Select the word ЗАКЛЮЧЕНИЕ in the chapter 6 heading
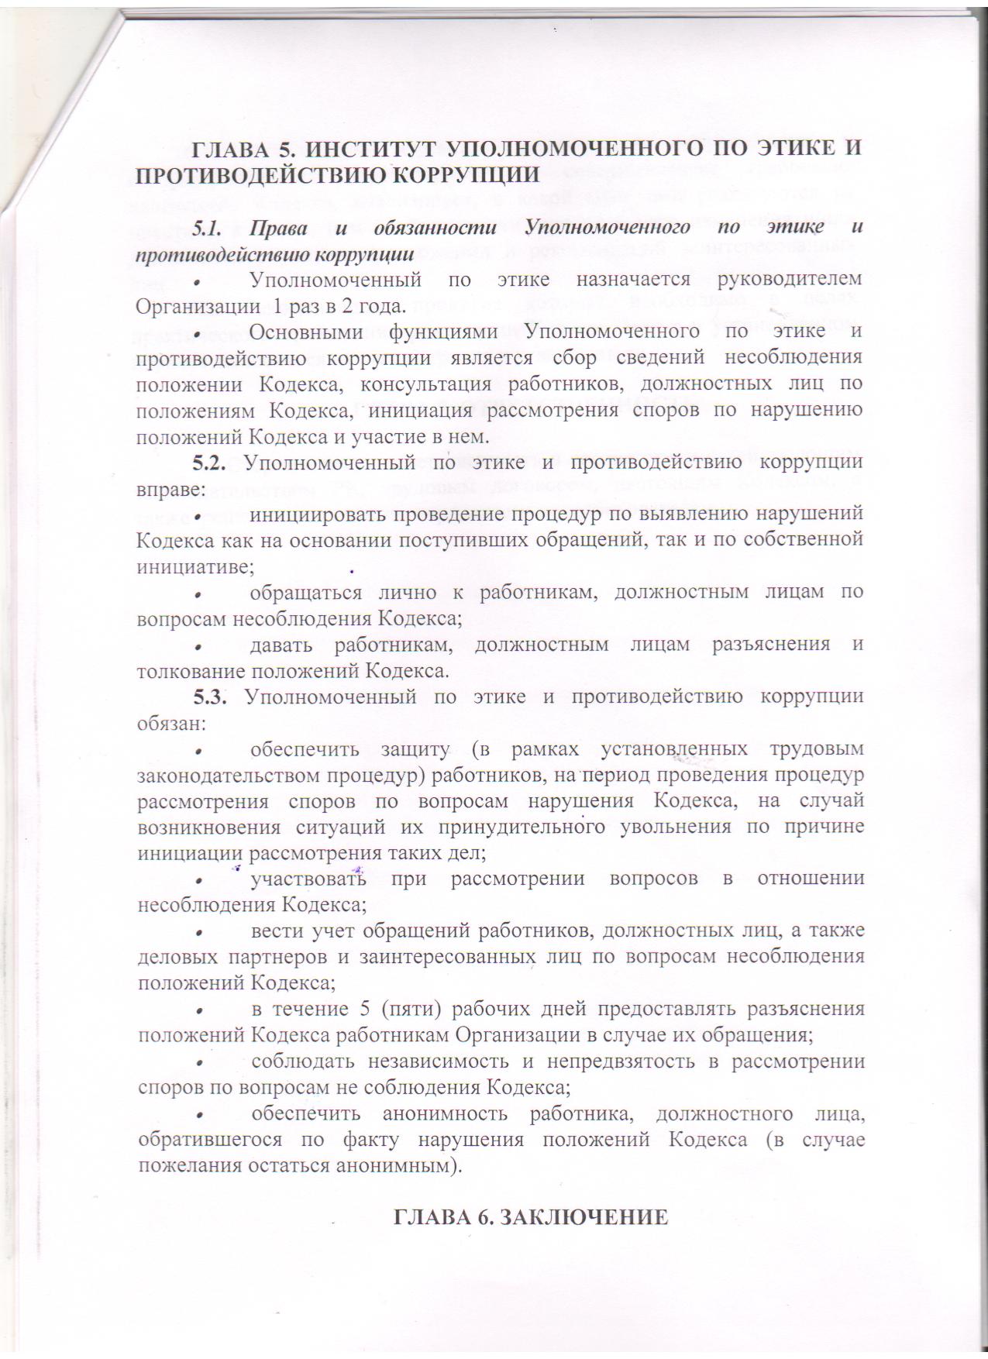pyautogui.click(x=581, y=1217)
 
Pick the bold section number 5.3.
pyautogui.click(x=209, y=697)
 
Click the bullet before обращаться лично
pyautogui.click(x=199, y=595)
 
